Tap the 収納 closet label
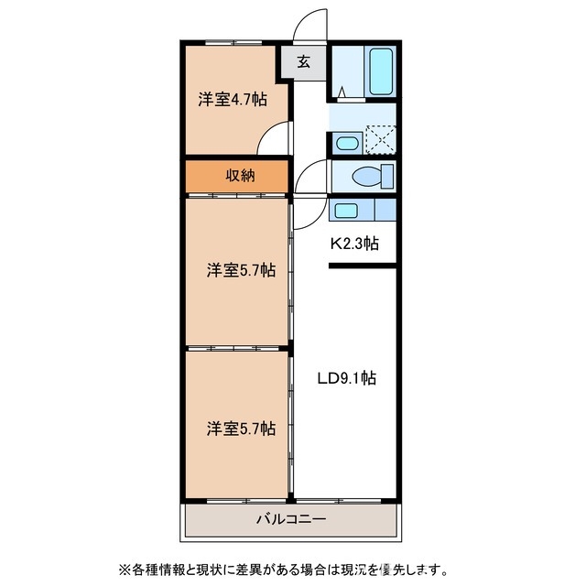(x=240, y=176)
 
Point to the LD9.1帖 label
(x=347, y=376)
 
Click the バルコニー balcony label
(x=291, y=520)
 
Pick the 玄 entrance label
(x=303, y=63)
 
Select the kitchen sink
(x=345, y=211)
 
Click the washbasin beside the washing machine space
(x=346, y=142)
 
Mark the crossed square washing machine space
(x=382, y=140)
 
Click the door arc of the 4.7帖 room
(x=272, y=139)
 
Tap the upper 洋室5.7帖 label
(x=241, y=270)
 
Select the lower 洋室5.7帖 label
(x=241, y=428)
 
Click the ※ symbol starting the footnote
(x=123, y=569)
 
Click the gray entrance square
(x=303, y=63)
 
